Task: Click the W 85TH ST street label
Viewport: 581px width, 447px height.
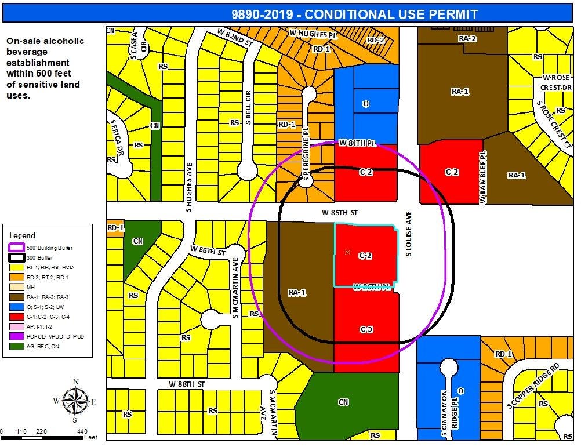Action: click(x=340, y=213)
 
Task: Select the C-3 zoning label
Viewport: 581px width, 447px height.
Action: click(x=366, y=329)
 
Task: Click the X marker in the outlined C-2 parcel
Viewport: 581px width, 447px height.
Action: click(x=347, y=252)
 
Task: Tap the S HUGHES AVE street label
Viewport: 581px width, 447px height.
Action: click(x=189, y=187)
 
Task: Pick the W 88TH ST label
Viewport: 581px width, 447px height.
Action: click(x=187, y=384)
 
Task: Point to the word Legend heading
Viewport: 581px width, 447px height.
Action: click(x=22, y=235)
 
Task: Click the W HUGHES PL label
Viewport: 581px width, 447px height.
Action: click(x=313, y=34)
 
